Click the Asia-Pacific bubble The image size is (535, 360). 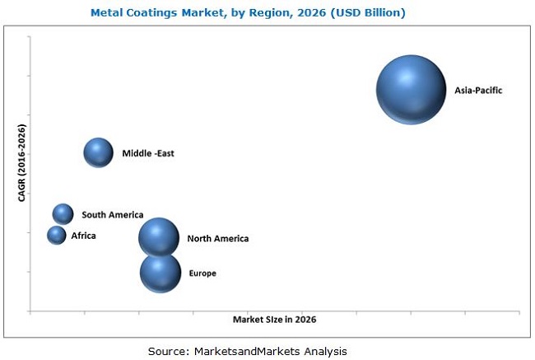click(x=410, y=90)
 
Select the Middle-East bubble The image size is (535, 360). click(x=98, y=152)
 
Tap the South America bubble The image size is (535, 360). click(x=63, y=214)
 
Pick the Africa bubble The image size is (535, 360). click(x=56, y=236)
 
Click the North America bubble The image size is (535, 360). click(x=158, y=238)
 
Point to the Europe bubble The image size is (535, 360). click(x=160, y=273)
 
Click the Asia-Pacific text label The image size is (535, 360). click(x=477, y=91)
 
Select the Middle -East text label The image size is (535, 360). click(x=148, y=153)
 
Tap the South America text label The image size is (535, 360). click(x=113, y=215)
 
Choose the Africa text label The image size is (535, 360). click(x=83, y=236)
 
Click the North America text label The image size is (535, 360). click(x=217, y=239)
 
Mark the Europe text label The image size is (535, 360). click(x=202, y=274)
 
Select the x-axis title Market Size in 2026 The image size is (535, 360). click(x=274, y=319)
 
